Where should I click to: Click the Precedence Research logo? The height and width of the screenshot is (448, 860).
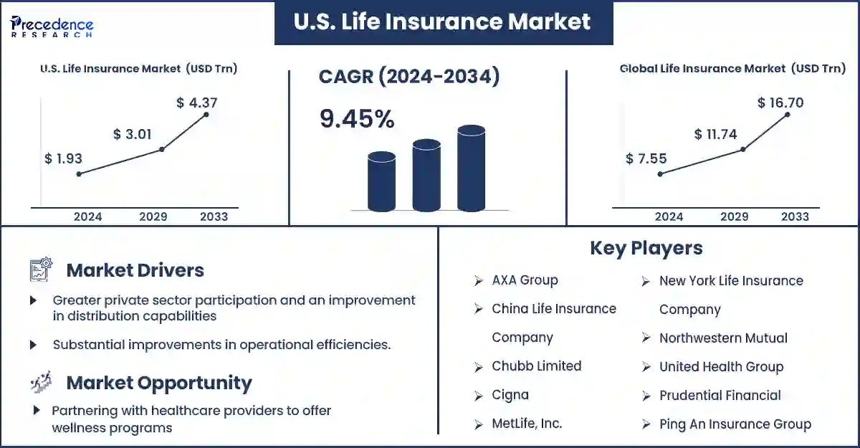pos(52,26)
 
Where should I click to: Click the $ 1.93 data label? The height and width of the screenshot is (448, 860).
pos(63,158)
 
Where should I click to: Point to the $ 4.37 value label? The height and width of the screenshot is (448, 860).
pos(197,103)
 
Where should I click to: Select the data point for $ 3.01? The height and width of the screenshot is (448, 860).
pos(162,149)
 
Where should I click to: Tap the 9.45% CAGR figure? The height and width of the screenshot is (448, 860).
pos(357,118)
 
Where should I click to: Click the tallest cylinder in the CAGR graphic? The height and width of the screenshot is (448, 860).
pos(471,168)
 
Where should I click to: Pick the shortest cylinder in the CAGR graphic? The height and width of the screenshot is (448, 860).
pos(381,181)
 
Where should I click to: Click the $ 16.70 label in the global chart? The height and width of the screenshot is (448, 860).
pos(780,103)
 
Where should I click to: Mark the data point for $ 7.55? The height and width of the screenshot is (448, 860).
pos(660,174)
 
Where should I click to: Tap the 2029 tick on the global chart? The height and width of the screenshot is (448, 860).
pos(734,216)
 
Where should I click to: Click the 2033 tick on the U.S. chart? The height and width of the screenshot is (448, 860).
pos(214,216)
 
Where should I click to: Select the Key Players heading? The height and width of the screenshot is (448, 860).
pos(646,248)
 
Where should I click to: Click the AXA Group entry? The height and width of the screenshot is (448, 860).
pos(525,280)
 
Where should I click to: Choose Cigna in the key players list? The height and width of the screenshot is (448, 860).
pos(510,395)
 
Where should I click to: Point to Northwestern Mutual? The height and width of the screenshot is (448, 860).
pos(723,338)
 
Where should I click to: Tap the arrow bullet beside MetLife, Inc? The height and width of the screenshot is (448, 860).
pos(479,424)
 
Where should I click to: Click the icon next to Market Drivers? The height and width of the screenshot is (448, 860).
pos(41,269)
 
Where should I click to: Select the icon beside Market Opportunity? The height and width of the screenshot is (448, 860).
pos(41,381)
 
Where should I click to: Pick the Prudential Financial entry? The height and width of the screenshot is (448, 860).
pos(720,396)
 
